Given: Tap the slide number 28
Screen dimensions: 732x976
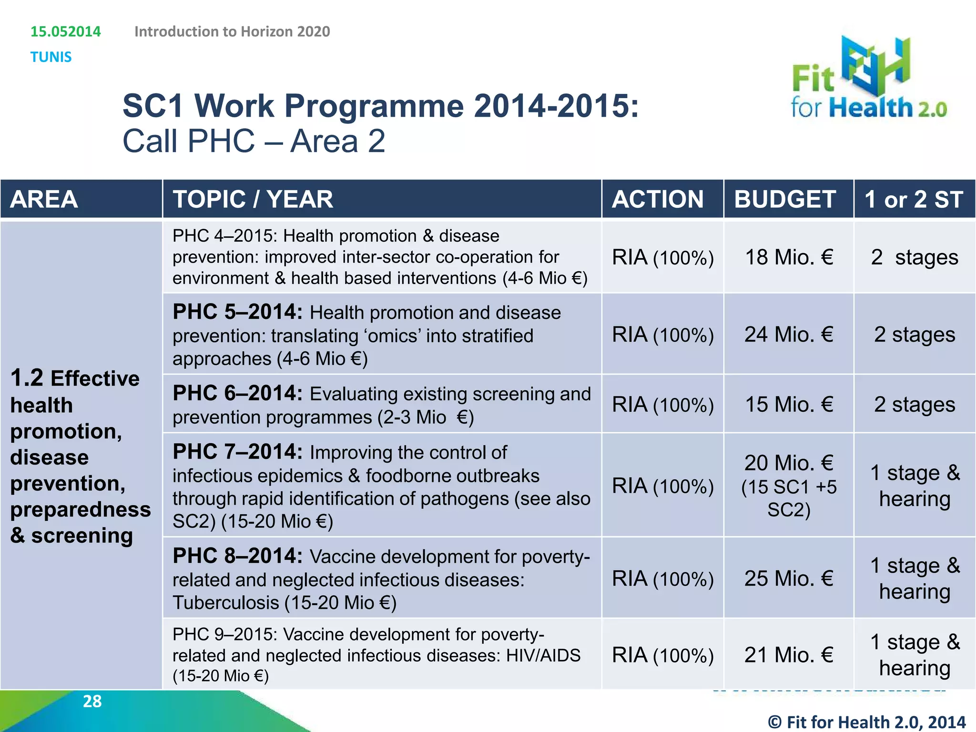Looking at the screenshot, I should click(92, 701).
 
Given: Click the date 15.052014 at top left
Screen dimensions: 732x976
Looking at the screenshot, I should click(66, 31).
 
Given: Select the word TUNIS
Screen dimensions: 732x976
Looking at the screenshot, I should click(51, 57).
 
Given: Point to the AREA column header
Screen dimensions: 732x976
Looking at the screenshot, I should click(44, 199).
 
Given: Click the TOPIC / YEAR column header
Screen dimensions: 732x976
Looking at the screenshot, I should click(253, 199).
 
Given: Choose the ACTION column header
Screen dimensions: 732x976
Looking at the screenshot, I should click(658, 199).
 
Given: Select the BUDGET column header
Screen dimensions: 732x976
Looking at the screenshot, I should click(785, 199).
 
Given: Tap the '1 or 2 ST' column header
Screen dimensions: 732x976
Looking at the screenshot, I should click(914, 199).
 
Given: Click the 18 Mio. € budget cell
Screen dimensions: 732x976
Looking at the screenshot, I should click(789, 257).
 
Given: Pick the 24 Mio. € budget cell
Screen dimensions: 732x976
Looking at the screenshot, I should click(789, 335).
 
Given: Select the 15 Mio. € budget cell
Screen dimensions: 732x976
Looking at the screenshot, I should click(789, 405).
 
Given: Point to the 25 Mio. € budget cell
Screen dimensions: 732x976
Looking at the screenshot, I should click(789, 579).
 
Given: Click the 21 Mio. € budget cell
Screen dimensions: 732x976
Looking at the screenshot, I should click(789, 655).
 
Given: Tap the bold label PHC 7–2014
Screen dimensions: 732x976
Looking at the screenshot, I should click(237, 452).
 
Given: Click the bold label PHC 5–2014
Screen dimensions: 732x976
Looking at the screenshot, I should click(237, 312).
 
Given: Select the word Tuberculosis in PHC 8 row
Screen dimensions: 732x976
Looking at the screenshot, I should click(226, 603).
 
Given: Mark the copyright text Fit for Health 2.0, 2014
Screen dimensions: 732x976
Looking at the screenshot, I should click(866, 722).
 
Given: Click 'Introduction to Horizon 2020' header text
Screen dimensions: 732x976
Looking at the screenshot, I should click(232, 31).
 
